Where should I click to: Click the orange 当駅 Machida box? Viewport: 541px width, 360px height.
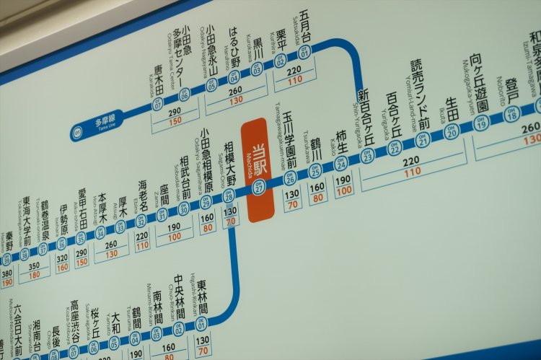(258, 168)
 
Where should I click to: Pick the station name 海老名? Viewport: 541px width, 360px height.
(144, 195)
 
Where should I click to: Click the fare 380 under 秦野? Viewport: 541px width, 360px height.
(6, 273)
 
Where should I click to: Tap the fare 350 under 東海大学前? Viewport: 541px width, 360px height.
(33, 265)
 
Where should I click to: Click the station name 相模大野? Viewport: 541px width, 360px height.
(231, 162)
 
